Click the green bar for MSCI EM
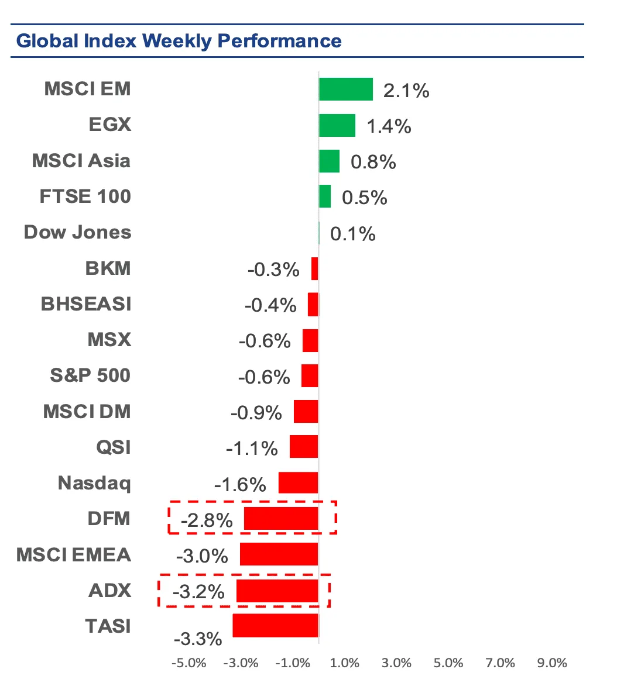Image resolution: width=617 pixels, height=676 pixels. [345, 89]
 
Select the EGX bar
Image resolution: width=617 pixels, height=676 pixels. [337, 125]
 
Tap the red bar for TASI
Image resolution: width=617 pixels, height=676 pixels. [275, 625]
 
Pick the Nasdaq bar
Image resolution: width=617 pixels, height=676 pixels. [298, 482]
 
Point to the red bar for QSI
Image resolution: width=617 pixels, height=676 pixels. [304, 447]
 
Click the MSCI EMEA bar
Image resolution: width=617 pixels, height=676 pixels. [279, 554]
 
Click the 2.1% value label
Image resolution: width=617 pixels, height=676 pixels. [406, 91]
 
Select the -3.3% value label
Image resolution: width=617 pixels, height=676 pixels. [198, 639]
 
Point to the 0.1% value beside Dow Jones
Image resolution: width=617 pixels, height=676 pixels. [352, 234]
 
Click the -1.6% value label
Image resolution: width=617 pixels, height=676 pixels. [240, 485]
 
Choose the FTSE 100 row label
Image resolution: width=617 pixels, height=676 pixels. [85, 196]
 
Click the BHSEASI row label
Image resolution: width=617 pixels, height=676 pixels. [86, 304]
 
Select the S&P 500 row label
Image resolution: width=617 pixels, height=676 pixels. [90, 375]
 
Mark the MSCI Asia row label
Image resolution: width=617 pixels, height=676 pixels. [81, 161]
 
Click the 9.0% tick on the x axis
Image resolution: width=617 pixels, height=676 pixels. [553, 663]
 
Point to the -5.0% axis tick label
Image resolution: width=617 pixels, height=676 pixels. [189, 663]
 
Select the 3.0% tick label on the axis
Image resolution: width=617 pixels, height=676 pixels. [396, 663]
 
